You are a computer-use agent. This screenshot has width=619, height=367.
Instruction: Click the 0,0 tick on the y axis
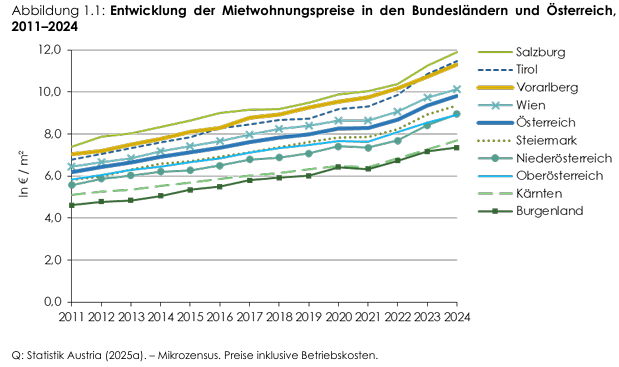[53, 301]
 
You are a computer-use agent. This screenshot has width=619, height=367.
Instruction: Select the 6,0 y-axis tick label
[53, 175]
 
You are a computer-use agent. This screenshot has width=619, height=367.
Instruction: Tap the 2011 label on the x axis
[70, 317]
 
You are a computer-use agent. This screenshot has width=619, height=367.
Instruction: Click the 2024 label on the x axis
[457, 317]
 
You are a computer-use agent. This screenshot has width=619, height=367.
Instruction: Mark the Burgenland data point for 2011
[70, 205]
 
